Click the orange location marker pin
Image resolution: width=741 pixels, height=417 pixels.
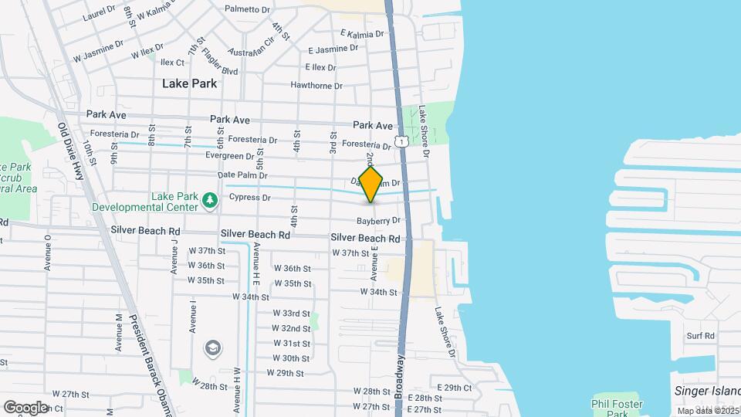coord(371,185)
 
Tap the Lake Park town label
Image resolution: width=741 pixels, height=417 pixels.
coord(189,83)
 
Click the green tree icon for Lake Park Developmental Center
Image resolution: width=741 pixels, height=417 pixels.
coord(209,201)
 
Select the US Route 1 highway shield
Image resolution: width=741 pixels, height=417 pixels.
coord(401,141)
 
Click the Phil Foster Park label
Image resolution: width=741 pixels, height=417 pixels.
coord(616,409)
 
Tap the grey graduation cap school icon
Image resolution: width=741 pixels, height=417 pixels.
coord(211,349)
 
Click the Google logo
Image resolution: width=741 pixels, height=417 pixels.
coord(25,407)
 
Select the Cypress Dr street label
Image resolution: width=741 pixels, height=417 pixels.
coord(250,198)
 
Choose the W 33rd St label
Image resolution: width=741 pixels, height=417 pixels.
coord(291,314)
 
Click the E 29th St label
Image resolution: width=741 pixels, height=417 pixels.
coord(454,387)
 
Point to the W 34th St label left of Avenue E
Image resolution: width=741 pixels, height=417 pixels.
coord(251,297)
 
